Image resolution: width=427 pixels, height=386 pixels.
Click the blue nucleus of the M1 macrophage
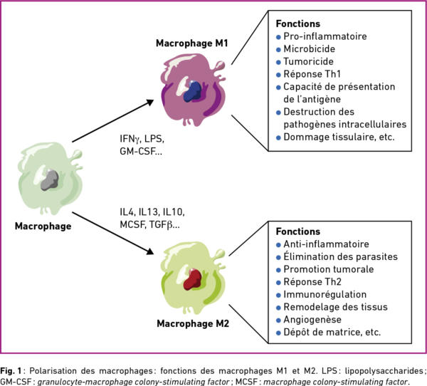[193, 92]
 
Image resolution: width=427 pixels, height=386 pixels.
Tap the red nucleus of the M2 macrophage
[192, 279]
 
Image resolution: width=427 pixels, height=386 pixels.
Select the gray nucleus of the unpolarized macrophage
[50, 180]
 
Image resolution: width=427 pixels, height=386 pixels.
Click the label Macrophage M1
[191, 43]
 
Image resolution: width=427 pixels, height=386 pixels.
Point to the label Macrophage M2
[193, 323]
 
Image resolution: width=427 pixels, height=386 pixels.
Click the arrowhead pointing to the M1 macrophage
[149, 103]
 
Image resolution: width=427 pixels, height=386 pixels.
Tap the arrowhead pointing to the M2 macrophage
[150, 251]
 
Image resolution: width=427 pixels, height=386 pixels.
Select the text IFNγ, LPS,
[142, 139]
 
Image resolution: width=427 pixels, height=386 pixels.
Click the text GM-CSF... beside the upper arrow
[141, 151]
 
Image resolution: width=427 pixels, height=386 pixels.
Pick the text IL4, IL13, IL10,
[152, 212]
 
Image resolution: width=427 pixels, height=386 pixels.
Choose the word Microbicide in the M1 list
[309, 49]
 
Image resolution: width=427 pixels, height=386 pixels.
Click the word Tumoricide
[308, 61]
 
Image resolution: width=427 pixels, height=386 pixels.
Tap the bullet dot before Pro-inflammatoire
[278, 37]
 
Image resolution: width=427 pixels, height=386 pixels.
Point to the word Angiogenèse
[312, 320]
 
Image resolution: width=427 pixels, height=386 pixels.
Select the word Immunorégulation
[325, 294]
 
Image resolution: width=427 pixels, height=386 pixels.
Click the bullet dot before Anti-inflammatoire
[278, 245]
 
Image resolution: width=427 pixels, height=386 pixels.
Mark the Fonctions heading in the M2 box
[298, 231]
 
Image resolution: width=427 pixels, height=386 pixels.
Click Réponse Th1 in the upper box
[312, 74]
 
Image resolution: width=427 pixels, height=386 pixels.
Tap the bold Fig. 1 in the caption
[11, 371]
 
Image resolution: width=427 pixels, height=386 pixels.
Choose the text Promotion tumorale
[328, 269]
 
